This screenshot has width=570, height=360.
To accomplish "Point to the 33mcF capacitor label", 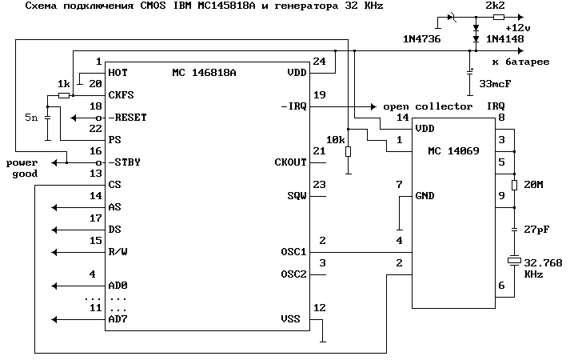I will [x=497, y=83].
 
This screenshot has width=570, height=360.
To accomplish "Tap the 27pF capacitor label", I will [x=536, y=230].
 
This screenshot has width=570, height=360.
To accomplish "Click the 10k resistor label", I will [x=335, y=140].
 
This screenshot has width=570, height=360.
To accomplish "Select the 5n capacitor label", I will [x=30, y=118].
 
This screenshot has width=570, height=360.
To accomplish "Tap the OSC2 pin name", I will [x=293, y=274].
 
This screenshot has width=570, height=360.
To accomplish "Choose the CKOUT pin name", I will [x=290, y=162].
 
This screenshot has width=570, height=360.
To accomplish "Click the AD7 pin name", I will [x=118, y=319].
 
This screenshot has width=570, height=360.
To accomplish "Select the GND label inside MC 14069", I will [x=425, y=196].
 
